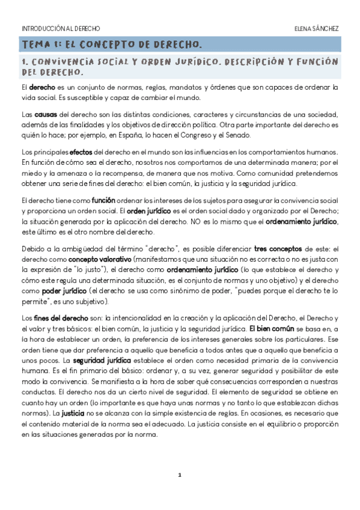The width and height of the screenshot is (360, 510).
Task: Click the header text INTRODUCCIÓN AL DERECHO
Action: tap(61, 28)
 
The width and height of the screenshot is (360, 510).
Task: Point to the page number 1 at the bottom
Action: tap(180, 475)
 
